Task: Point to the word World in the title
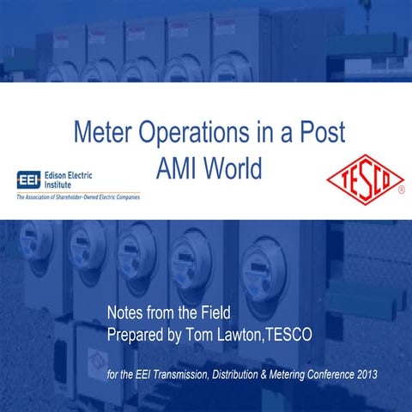[x=231, y=169]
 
